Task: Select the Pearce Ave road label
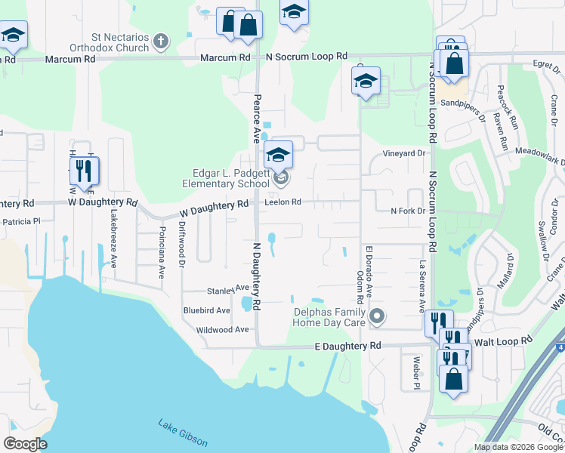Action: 257,119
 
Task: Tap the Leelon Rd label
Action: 283,202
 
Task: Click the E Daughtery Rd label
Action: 347,347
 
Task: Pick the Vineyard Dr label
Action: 404,153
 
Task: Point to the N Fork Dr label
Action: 408,211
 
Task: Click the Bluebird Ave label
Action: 206,310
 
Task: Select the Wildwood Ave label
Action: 221,330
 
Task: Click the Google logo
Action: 25,444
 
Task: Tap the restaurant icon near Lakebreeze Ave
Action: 85,171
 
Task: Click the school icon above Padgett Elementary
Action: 278,156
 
